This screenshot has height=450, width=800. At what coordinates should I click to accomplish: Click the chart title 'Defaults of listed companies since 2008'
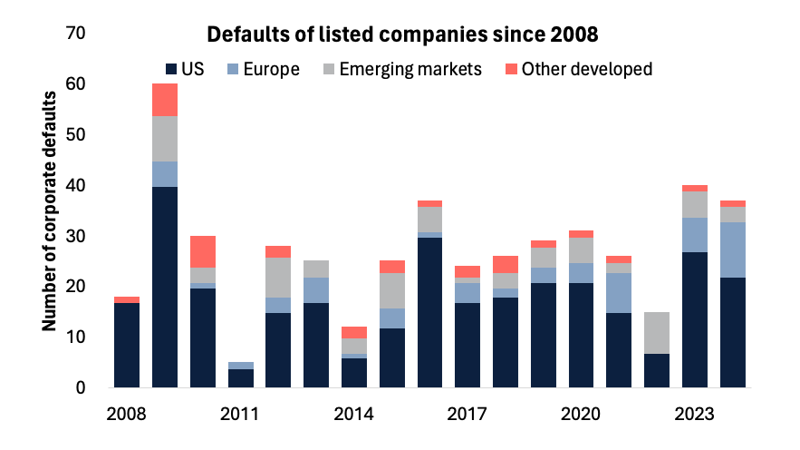point(402,35)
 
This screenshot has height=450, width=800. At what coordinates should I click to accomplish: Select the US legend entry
point(185,69)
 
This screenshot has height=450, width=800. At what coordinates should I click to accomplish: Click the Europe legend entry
point(263,69)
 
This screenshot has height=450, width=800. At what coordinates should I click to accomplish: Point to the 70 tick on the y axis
point(76,34)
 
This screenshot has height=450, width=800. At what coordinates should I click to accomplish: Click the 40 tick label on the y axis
point(76,185)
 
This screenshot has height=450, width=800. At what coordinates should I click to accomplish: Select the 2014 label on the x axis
point(353,414)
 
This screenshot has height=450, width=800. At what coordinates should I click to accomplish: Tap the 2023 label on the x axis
point(694,414)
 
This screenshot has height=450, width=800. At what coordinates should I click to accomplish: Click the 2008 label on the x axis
point(126,414)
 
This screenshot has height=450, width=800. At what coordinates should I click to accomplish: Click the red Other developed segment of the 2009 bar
point(165,100)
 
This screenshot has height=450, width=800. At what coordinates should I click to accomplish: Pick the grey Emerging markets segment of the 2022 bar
point(657,332)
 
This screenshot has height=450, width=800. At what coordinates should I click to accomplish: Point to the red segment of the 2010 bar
point(203,251)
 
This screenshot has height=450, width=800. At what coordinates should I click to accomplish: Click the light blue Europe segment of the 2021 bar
point(619,292)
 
